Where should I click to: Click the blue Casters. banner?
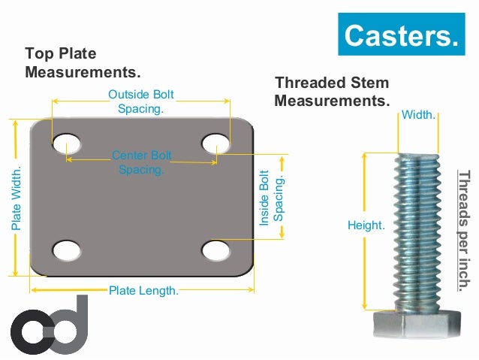[x=401, y=35]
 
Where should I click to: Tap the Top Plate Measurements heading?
[x=83, y=63]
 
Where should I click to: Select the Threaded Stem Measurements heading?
[x=332, y=91]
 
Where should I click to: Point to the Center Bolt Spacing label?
[x=142, y=162]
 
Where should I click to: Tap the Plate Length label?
[x=143, y=291]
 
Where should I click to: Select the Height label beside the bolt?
[x=366, y=225]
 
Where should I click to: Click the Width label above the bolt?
[x=418, y=115]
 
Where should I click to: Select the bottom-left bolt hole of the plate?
[x=67, y=249]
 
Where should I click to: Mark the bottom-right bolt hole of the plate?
[x=216, y=249]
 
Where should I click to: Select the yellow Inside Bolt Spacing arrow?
[x=282, y=197]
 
